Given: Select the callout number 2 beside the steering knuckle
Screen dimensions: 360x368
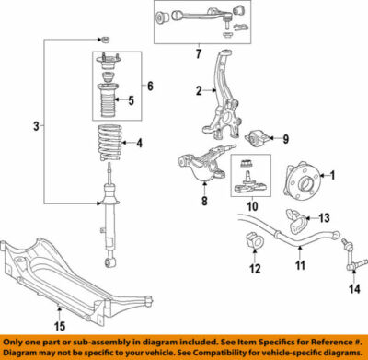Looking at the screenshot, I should click(x=197, y=90).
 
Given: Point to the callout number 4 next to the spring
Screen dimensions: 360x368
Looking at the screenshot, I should click(x=140, y=144).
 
